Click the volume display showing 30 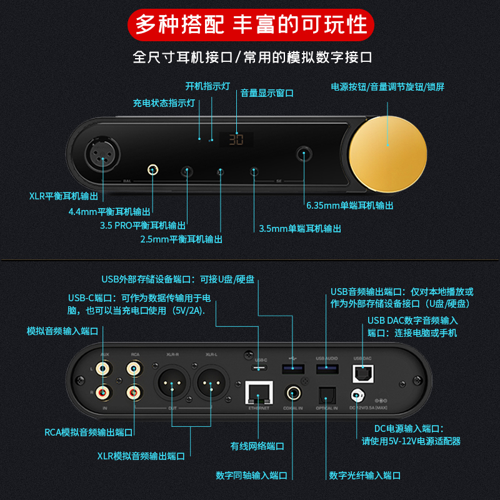(236, 139)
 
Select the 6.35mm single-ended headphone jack (306, 153)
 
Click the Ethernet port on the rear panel (258, 394)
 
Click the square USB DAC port (362, 374)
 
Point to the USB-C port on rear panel (261, 369)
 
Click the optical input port (327, 396)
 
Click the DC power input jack (357, 396)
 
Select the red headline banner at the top (250, 24)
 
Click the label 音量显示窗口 (267, 93)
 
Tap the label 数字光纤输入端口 (364, 476)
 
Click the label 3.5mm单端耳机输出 (300, 229)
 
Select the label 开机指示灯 (208, 86)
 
